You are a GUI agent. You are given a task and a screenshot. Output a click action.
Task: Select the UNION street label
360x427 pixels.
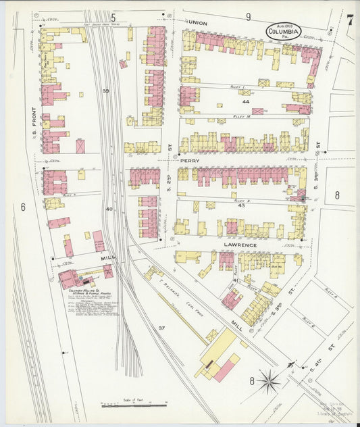pyautogui.click(x=198, y=22)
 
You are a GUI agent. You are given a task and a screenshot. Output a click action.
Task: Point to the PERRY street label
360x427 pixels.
pyautogui.click(x=190, y=161)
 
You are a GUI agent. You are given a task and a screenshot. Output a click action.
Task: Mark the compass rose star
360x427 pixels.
pyautogui.click(x=269, y=382)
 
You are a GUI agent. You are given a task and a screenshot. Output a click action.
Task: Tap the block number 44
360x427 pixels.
pyautogui.click(x=245, y=101)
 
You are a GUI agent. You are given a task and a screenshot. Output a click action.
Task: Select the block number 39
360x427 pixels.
pyautogui.click(x=105, y=91)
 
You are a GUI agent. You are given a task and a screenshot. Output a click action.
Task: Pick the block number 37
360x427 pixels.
pyautogui.click(x=161, y=328)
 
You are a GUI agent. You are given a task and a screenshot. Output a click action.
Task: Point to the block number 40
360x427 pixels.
pyautogui.click(x=109, y=209)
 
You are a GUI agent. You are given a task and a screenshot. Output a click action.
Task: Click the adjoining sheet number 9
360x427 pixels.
pyautogui.click(x=249, y=16)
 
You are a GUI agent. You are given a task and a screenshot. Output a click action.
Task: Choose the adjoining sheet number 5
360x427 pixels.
pyautogui.click(x=113, y=16)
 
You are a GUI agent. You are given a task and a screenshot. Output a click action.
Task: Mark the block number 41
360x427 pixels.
pyautogui.click(x=236, y=280)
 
